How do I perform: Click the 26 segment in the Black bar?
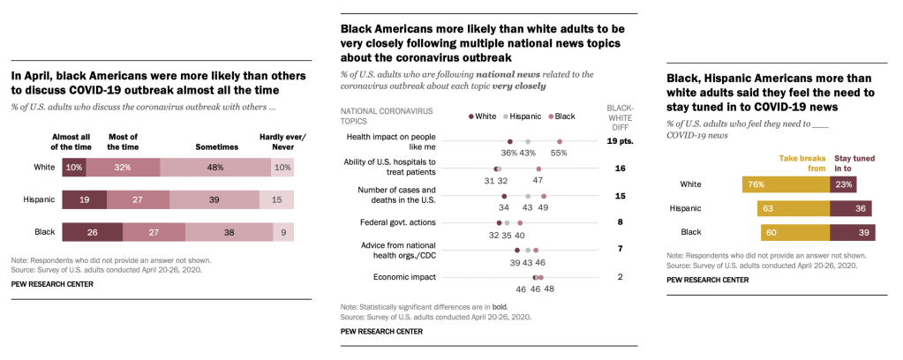click(x=92, y=232)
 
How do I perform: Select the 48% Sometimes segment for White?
click(x=214, y=168)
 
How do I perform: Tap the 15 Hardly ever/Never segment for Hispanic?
click(x=277, y=200)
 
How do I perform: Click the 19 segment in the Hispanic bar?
click(x=84, y=200)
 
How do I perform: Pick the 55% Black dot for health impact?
click(x=560, y=141)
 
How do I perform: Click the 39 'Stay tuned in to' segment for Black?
click(x=852, y=233)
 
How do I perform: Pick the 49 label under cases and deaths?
click(x=544, y=206)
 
